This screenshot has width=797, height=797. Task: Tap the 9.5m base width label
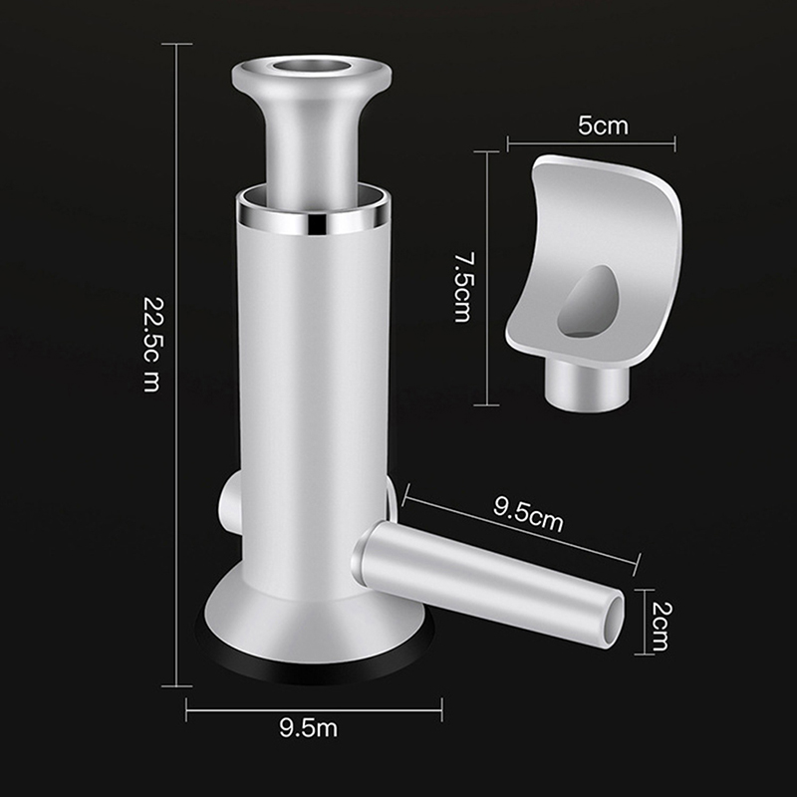[309, 728]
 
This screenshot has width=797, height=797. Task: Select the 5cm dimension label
[604, 126]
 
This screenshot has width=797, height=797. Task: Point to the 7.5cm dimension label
[462, 287]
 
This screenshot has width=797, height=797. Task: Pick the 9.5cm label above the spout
[529, 514]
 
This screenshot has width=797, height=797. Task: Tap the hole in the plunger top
[311, 66]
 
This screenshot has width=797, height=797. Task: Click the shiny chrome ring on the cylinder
[314, 217]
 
